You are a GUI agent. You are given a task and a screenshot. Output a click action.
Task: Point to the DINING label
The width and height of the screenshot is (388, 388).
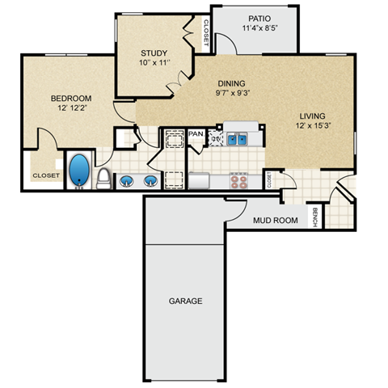click(233, 83)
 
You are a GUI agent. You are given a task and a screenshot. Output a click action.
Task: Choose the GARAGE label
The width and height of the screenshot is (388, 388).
click(185, 301)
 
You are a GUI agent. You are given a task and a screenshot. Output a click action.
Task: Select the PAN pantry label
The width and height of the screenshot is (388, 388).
click(196, 133)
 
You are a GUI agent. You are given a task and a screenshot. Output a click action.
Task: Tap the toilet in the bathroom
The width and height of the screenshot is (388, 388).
click(103, 178)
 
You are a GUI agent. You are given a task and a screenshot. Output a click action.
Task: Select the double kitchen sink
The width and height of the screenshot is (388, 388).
click(237, 139)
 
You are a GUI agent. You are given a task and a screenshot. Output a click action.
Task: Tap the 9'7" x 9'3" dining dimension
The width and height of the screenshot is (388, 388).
click(233, 94)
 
